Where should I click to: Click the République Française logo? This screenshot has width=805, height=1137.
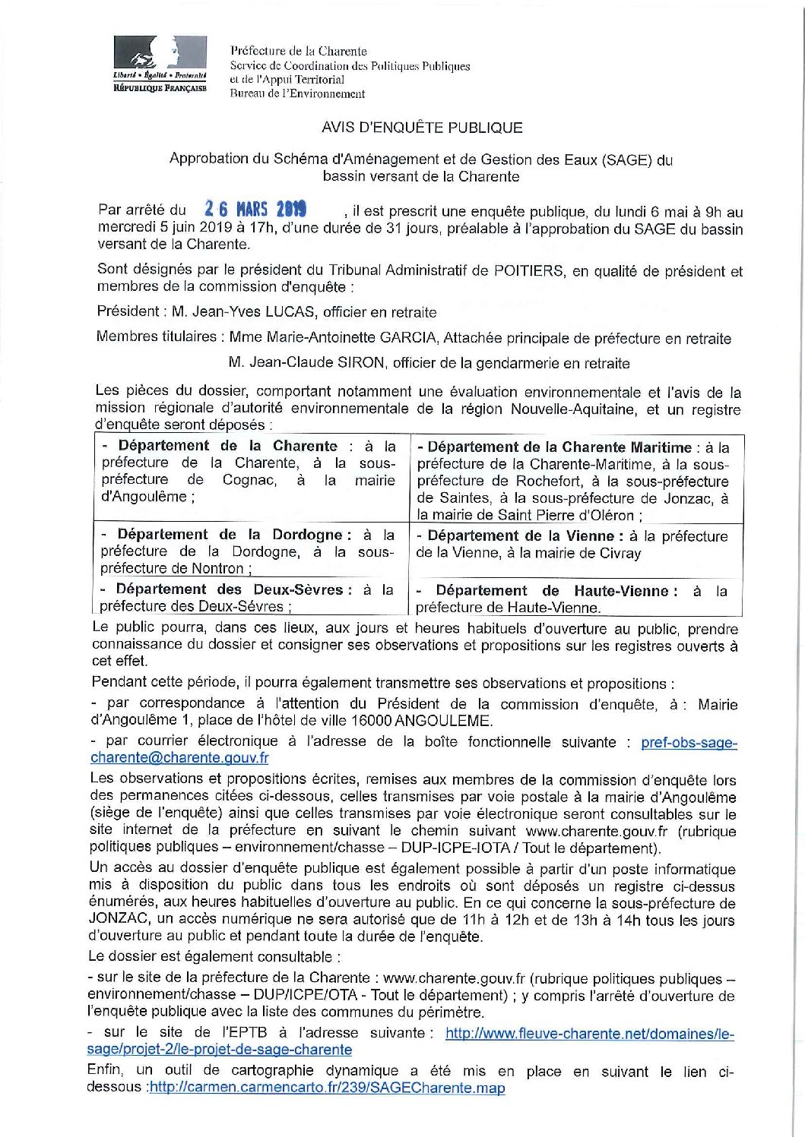point(160,65)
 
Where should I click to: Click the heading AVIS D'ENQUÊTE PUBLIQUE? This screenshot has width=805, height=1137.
point(422,128)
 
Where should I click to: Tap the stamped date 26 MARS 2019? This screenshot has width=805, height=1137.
point(255,209)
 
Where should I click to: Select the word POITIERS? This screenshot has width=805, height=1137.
point(529,270)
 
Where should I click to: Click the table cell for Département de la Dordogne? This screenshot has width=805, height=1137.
point(248,551)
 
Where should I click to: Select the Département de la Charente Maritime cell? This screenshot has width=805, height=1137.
point(573,481)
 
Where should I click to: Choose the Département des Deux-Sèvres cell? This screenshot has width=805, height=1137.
point(248,598)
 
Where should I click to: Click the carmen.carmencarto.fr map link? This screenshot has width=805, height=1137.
point(328,1088)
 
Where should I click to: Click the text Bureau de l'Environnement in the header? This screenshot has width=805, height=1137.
point(297,94)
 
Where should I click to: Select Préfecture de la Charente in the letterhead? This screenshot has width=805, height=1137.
point(299,52)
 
